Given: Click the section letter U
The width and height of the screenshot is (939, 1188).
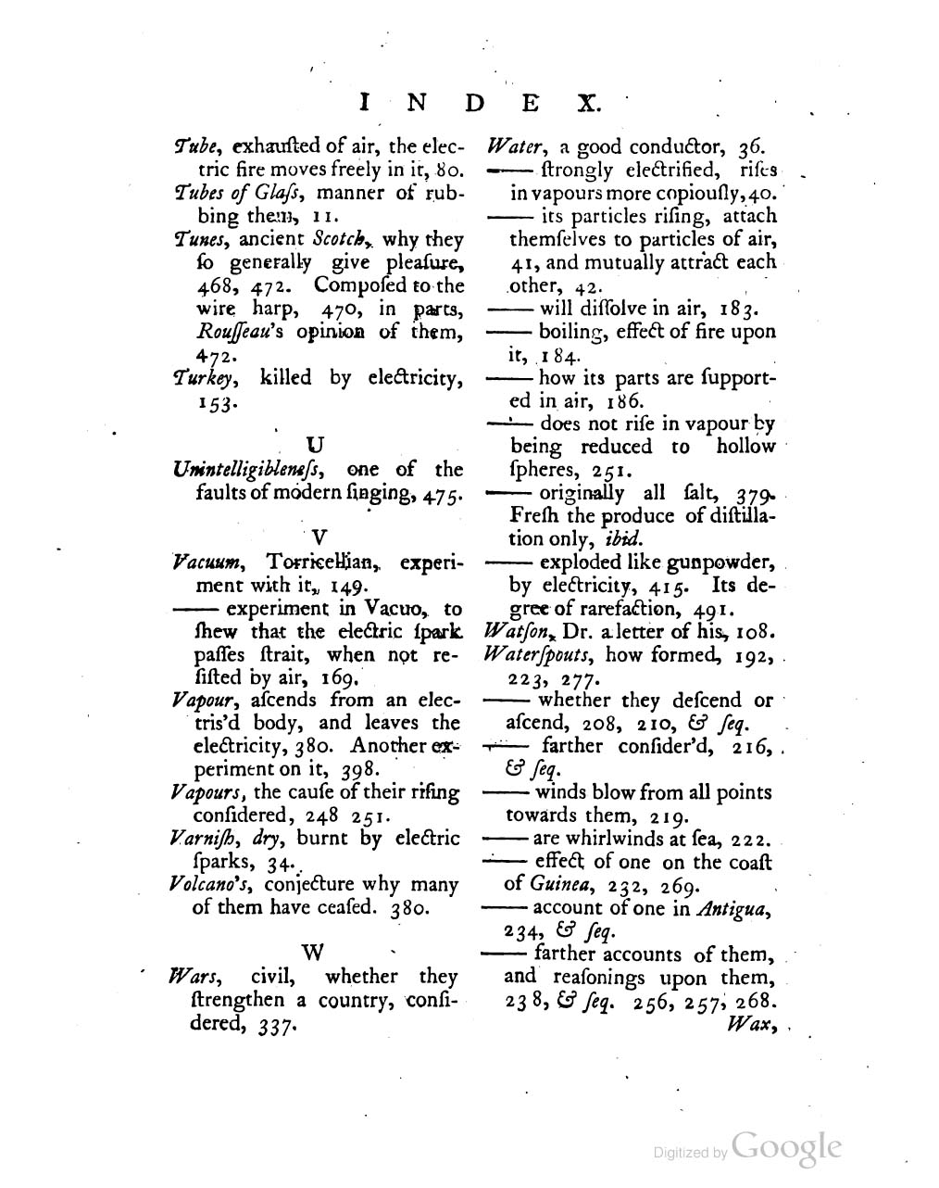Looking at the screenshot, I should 314,445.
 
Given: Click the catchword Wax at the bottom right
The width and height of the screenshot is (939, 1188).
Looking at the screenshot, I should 750,1025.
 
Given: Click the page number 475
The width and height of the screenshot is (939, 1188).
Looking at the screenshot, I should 440,493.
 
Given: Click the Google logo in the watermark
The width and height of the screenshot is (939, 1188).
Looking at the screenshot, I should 786,1146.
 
